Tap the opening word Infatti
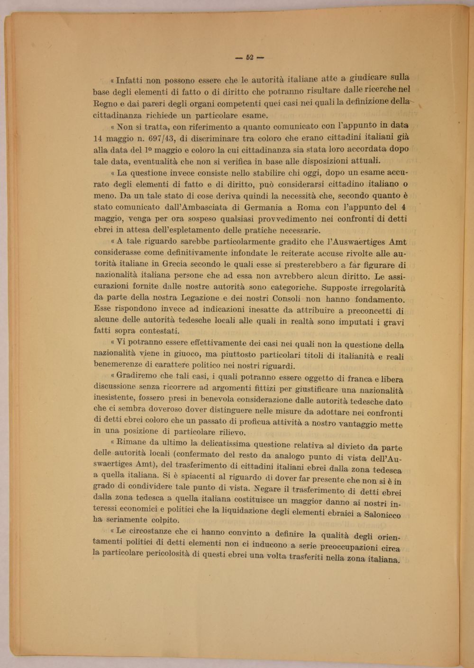128,81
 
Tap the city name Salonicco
380,514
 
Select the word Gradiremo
138,375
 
